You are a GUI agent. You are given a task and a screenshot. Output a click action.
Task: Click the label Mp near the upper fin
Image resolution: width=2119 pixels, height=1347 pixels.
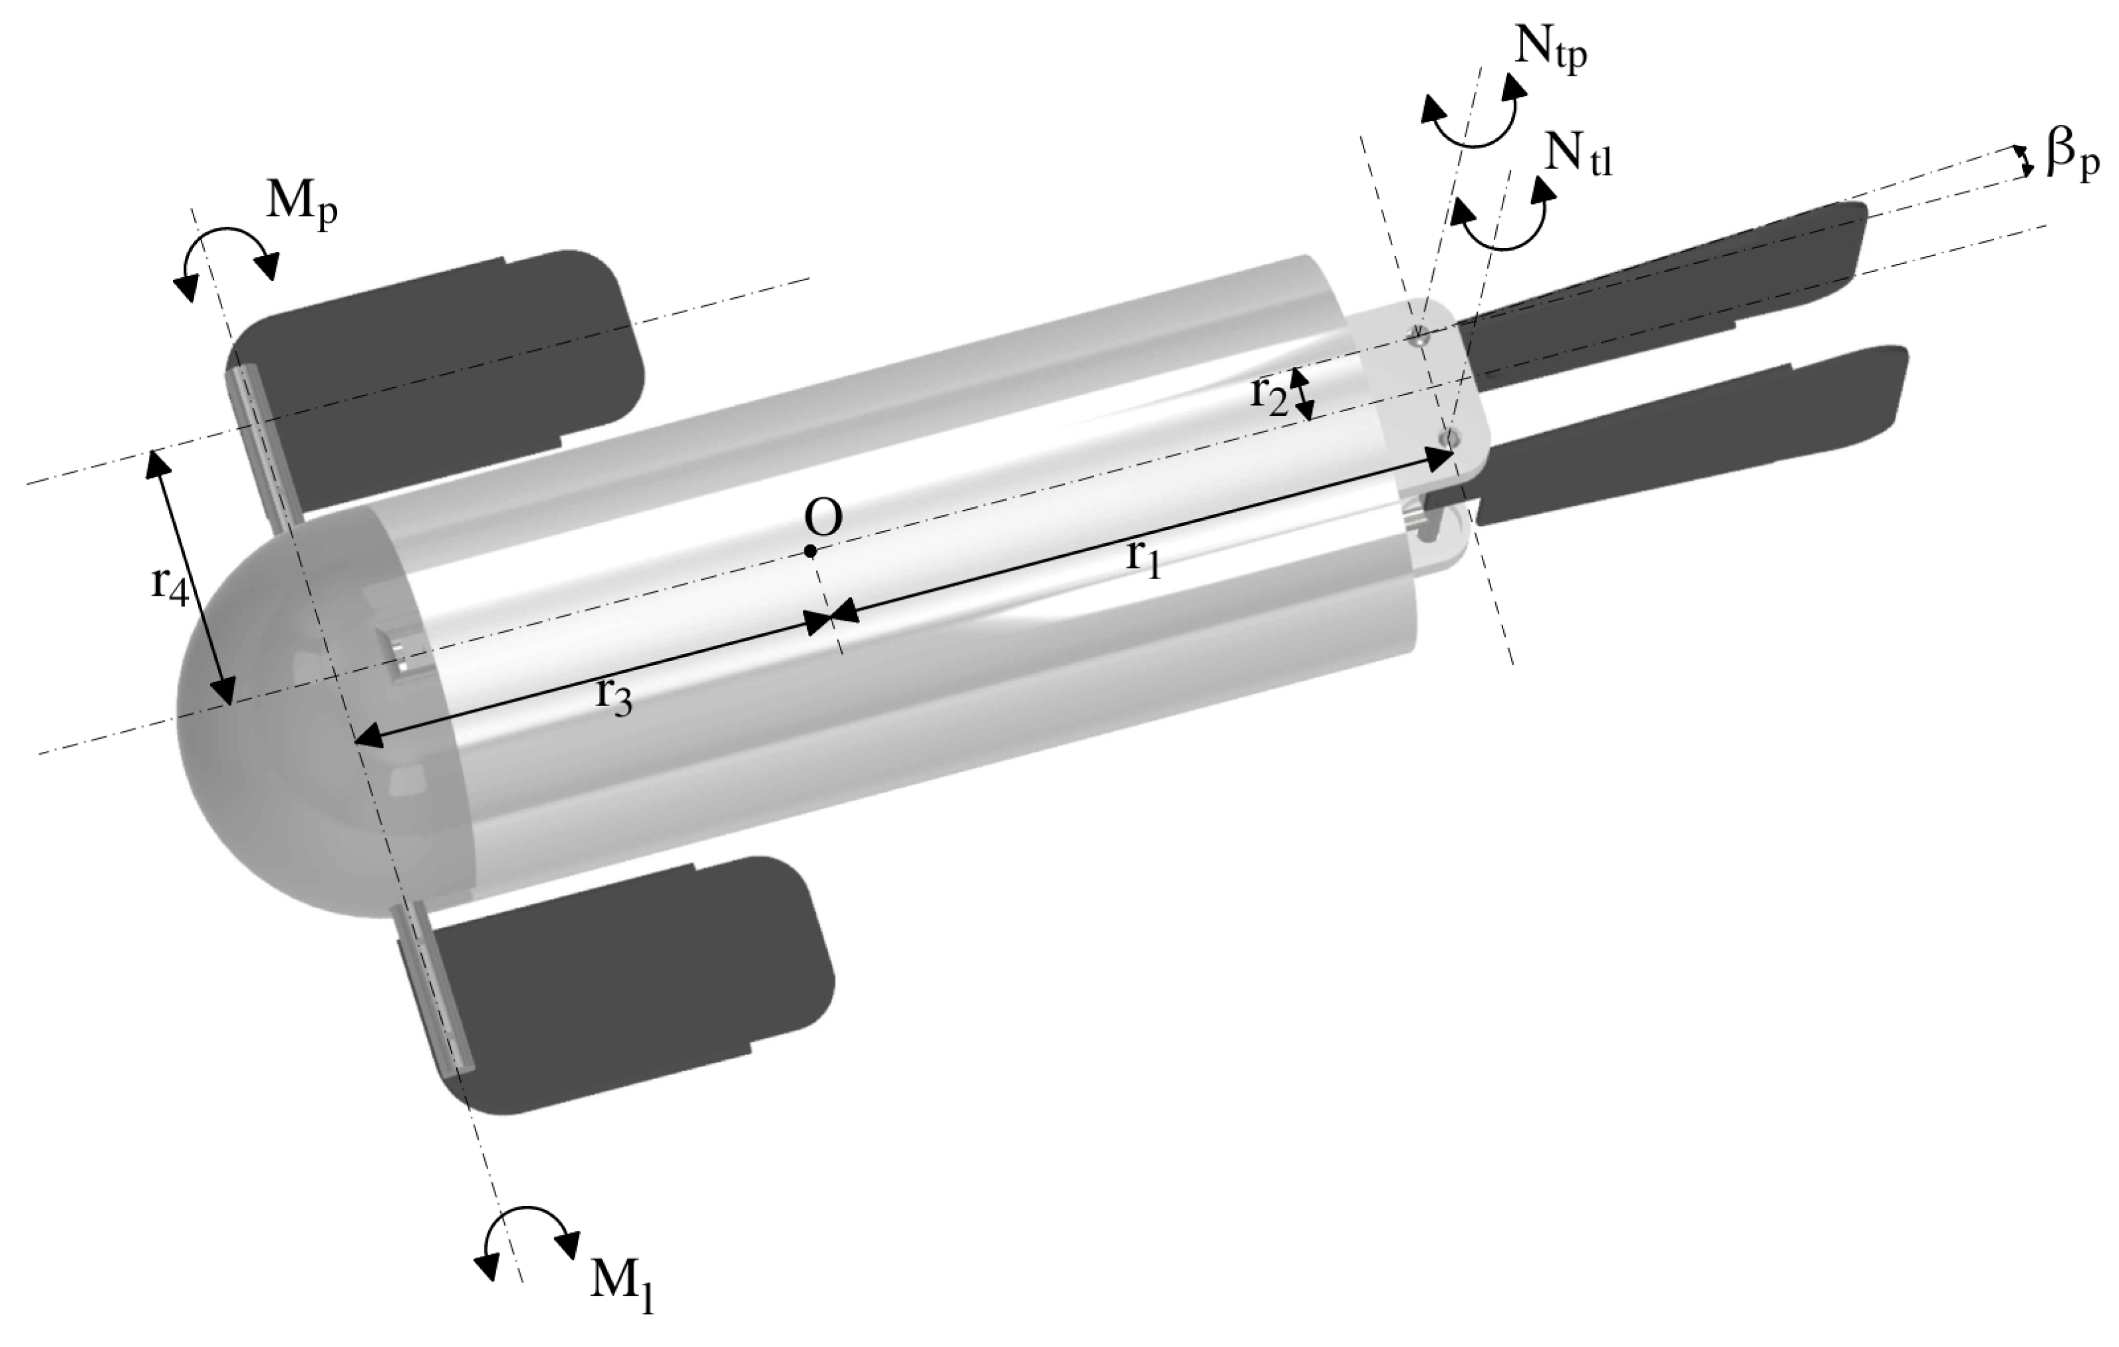[x=302, y=204]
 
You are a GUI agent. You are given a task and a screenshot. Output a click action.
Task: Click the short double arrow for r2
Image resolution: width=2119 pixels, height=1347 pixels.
[x=1302, y=394]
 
